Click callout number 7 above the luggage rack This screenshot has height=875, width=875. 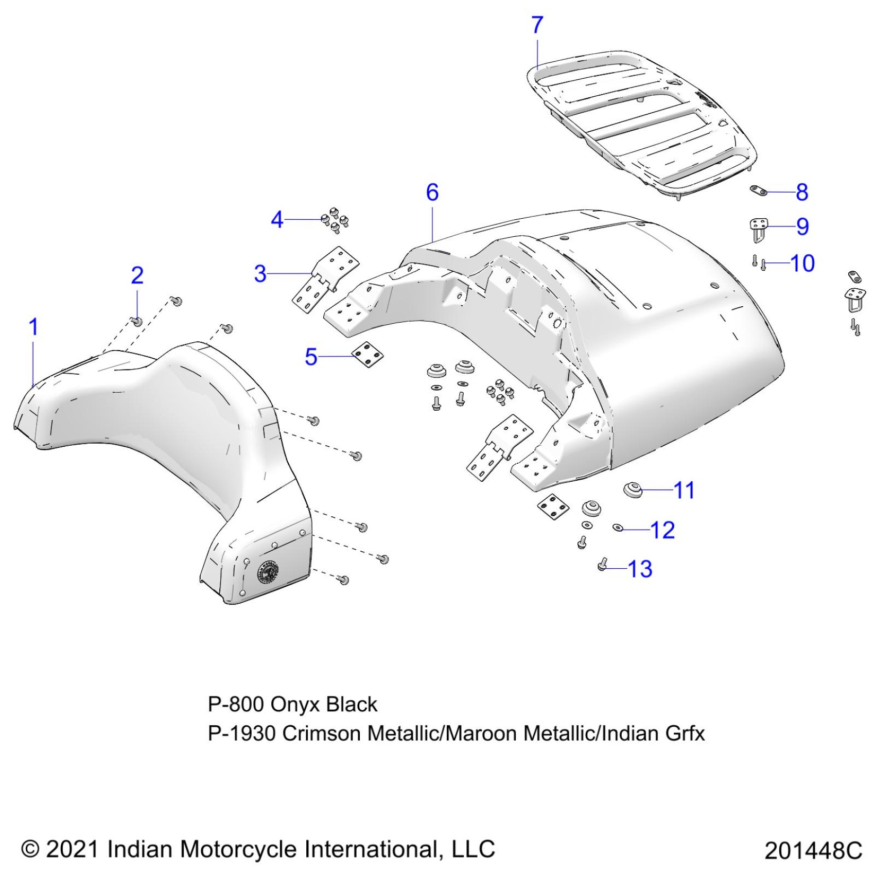pyautogui.click(x=537, y=25)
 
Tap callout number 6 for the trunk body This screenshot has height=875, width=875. pyautogui.click(x=432, y=192)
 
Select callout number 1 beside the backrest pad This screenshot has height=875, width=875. pyautogui.click(x=33, y=327)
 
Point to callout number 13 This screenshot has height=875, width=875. pyautogui.click(x=640, y=569)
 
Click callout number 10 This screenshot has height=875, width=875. pyautogui.click(x=802, y=264)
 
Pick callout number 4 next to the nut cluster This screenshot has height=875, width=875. pyautogui.click(x=277, y=220)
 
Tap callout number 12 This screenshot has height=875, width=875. pyautogui.click(x=662, y=530)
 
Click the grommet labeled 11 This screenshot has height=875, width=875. pyautogui.click(x=632, y=489)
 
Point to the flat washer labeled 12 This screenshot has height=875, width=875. pyautogui.click(x=618, y=528)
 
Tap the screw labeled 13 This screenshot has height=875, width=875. pyautogui.click(x=602, y=565)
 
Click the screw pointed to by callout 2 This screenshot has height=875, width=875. pyautogui.click(x=137, y=321)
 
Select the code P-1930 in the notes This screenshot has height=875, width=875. pyautogui.click(x=242, y=733)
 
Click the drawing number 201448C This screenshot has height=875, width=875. pyautogui.click(x=813, y=850)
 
